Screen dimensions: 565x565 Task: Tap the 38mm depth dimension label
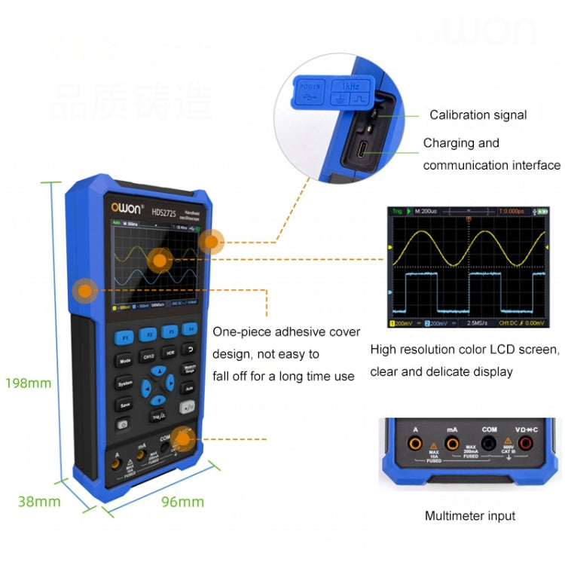point(39,501)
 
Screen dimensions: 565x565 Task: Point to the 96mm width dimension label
point(183,501)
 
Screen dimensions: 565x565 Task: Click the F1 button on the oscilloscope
point(126,335)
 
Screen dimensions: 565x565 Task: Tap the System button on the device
point(125,383)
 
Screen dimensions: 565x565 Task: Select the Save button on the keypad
point(124,405)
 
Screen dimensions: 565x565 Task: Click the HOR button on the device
point(170,352)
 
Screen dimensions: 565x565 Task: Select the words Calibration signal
point(478,115)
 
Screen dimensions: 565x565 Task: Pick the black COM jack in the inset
point(490,444)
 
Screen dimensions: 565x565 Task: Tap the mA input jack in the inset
point(452,444)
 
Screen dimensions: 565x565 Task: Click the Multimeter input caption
point(470,516)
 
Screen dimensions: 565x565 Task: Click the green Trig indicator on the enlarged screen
point(397,212)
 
